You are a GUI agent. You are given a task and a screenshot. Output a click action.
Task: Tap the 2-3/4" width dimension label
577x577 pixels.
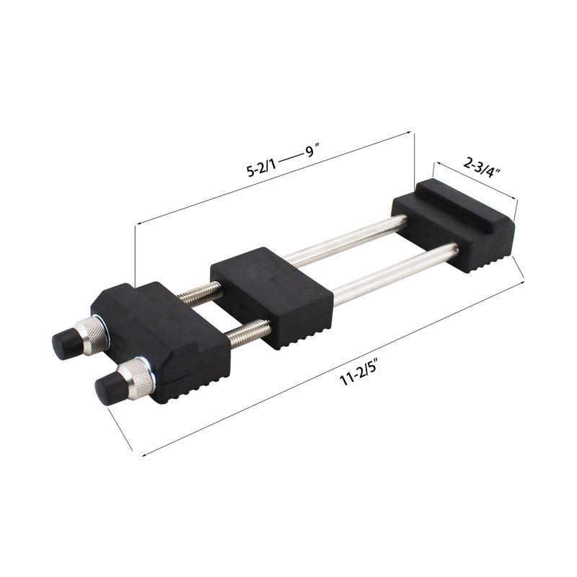tap(481, 167)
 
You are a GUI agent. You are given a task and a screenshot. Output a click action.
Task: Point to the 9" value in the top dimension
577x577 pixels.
tap(311, 151)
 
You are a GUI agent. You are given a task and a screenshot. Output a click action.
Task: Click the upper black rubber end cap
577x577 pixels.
tap(67, 340)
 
